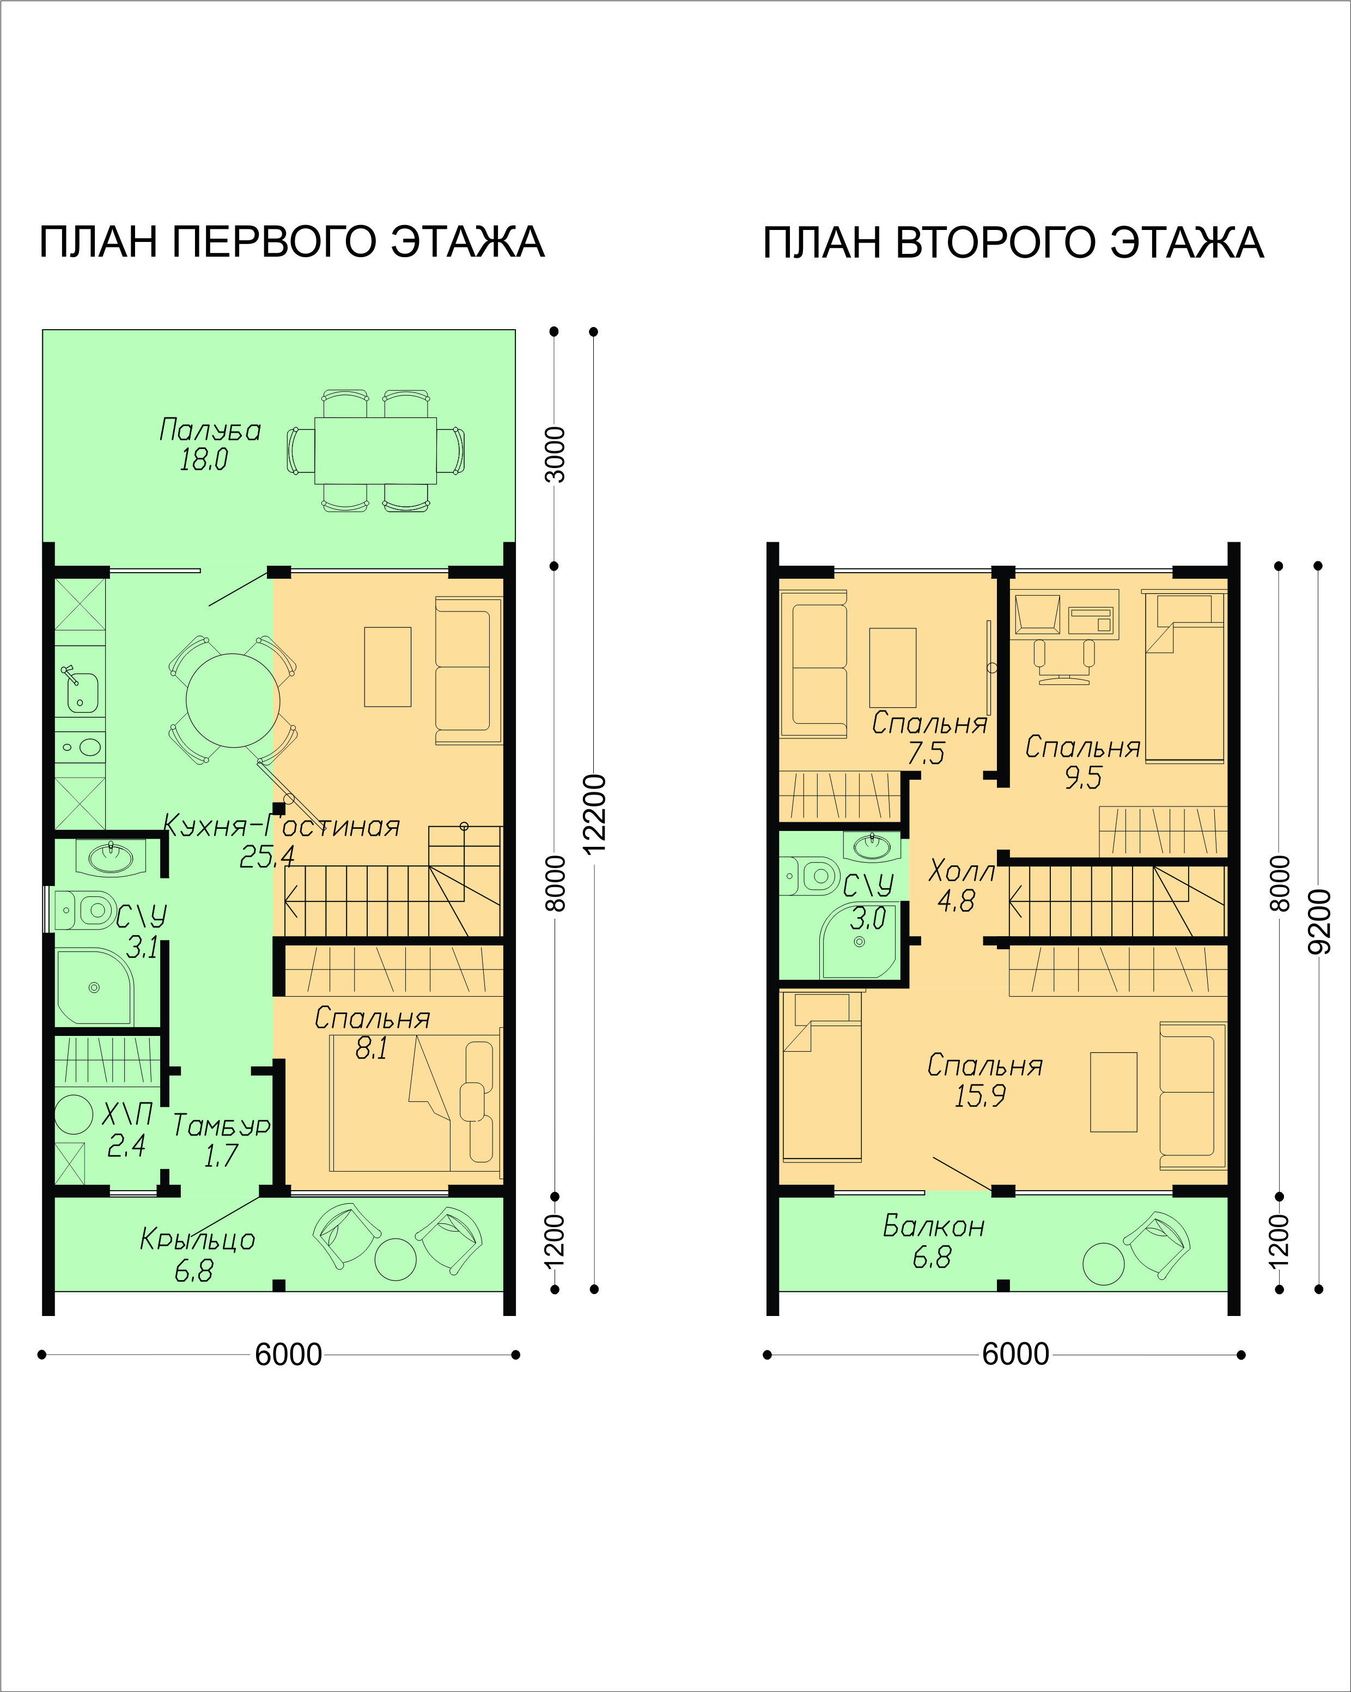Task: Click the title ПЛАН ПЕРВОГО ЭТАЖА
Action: click(x=292, y=242)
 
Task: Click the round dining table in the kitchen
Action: click(x=233, y=700)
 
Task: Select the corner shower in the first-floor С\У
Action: click(x=93, y=987)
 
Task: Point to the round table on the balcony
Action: click(x=1103, y=1264)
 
